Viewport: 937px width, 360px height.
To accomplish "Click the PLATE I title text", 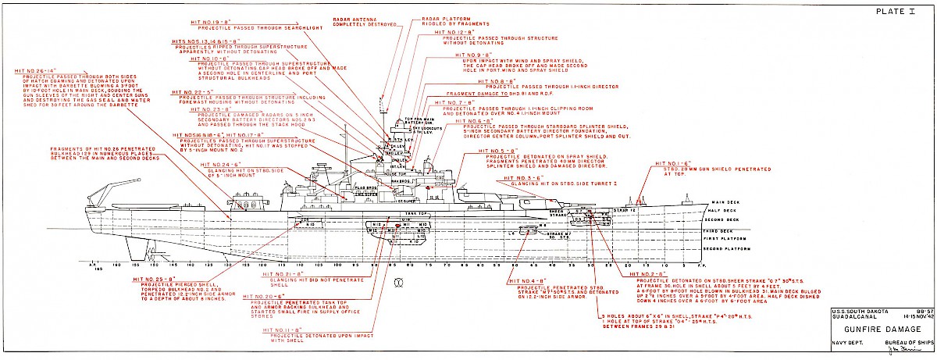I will pyautogui.click(x=896, y=12).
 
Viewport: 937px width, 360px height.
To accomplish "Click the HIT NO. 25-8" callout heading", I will pyautogui.click(x=154, y=277).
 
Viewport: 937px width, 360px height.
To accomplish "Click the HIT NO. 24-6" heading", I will pyautogui.click(x=219, y=164).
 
